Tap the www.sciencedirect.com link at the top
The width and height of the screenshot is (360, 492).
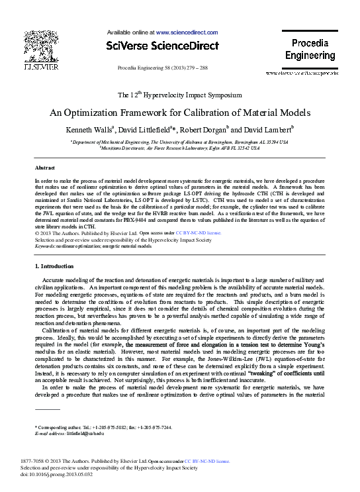(187, 32)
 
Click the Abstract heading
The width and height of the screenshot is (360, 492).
(44, 168)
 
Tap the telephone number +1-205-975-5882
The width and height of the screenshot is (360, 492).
(105, 427)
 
